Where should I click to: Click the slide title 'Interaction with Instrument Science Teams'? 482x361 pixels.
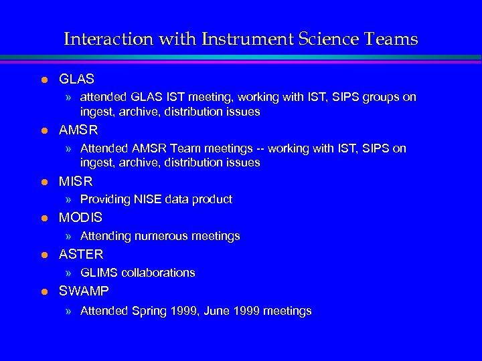240,39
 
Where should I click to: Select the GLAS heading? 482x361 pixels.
76,80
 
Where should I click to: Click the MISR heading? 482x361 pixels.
76,181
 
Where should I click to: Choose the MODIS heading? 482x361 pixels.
80,218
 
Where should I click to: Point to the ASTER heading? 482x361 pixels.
81,255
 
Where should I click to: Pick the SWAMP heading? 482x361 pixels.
84,291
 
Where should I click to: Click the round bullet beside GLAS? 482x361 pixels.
44,80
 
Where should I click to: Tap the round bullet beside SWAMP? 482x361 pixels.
44,292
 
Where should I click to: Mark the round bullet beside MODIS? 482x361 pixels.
44,219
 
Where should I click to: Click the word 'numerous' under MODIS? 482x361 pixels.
158,236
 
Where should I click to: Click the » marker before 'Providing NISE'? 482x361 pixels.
69,199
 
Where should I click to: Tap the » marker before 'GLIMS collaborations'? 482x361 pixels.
69,273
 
